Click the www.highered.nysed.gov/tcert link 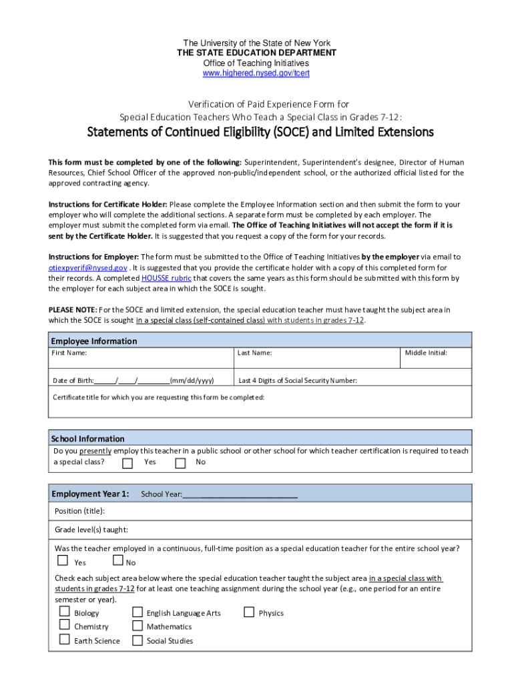tap(256, 73)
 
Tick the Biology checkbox tap(64, 612)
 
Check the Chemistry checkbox tap(64, 625)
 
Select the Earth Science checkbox tap(64, 640)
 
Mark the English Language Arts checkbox tap(137, 612)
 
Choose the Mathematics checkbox tap(137, 626)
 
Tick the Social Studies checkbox tap(137, 640)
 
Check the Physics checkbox tap(249, 612)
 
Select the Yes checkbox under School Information tap(127, 463)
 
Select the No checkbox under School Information tap(180, 463)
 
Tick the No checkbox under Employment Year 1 tap(118, 561)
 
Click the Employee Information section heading tap(94, 341)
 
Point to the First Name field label tap(69, 353)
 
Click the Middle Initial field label tap(426, 353)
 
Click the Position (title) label tap(79, 511)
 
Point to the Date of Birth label tap(73, 381)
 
